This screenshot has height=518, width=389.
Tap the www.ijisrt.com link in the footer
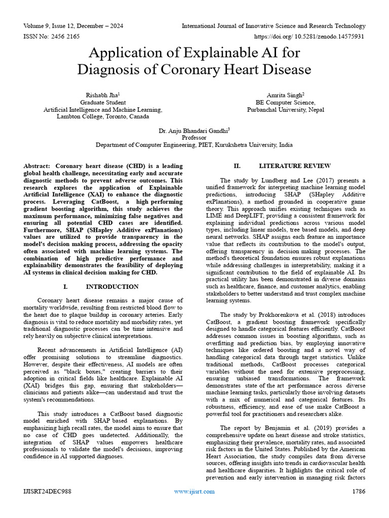click(194, 491)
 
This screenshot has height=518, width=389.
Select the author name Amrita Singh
click(286, 95)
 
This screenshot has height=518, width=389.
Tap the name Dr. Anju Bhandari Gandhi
click(194, 130)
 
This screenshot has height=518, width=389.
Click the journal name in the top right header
click(274, 26)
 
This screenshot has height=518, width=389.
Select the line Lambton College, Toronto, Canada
click(103, 116)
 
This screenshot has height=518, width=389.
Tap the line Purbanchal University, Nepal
click(286, 109)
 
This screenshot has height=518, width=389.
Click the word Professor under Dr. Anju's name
click(194, 137)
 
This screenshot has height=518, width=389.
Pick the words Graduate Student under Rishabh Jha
click(103, 102)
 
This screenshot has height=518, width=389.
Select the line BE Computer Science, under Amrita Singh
click(286, 102)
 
